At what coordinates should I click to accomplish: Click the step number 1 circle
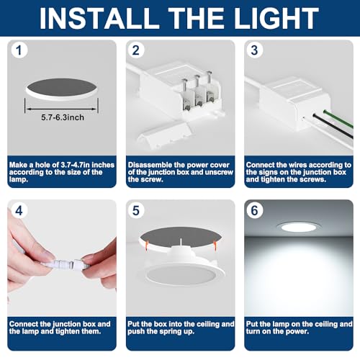[x=19, y=50]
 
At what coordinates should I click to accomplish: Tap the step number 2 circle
[x=137, y=50]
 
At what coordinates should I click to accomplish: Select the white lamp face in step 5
[x=180, y=277]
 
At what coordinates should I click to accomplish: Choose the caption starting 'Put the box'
[x=180, y=328]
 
